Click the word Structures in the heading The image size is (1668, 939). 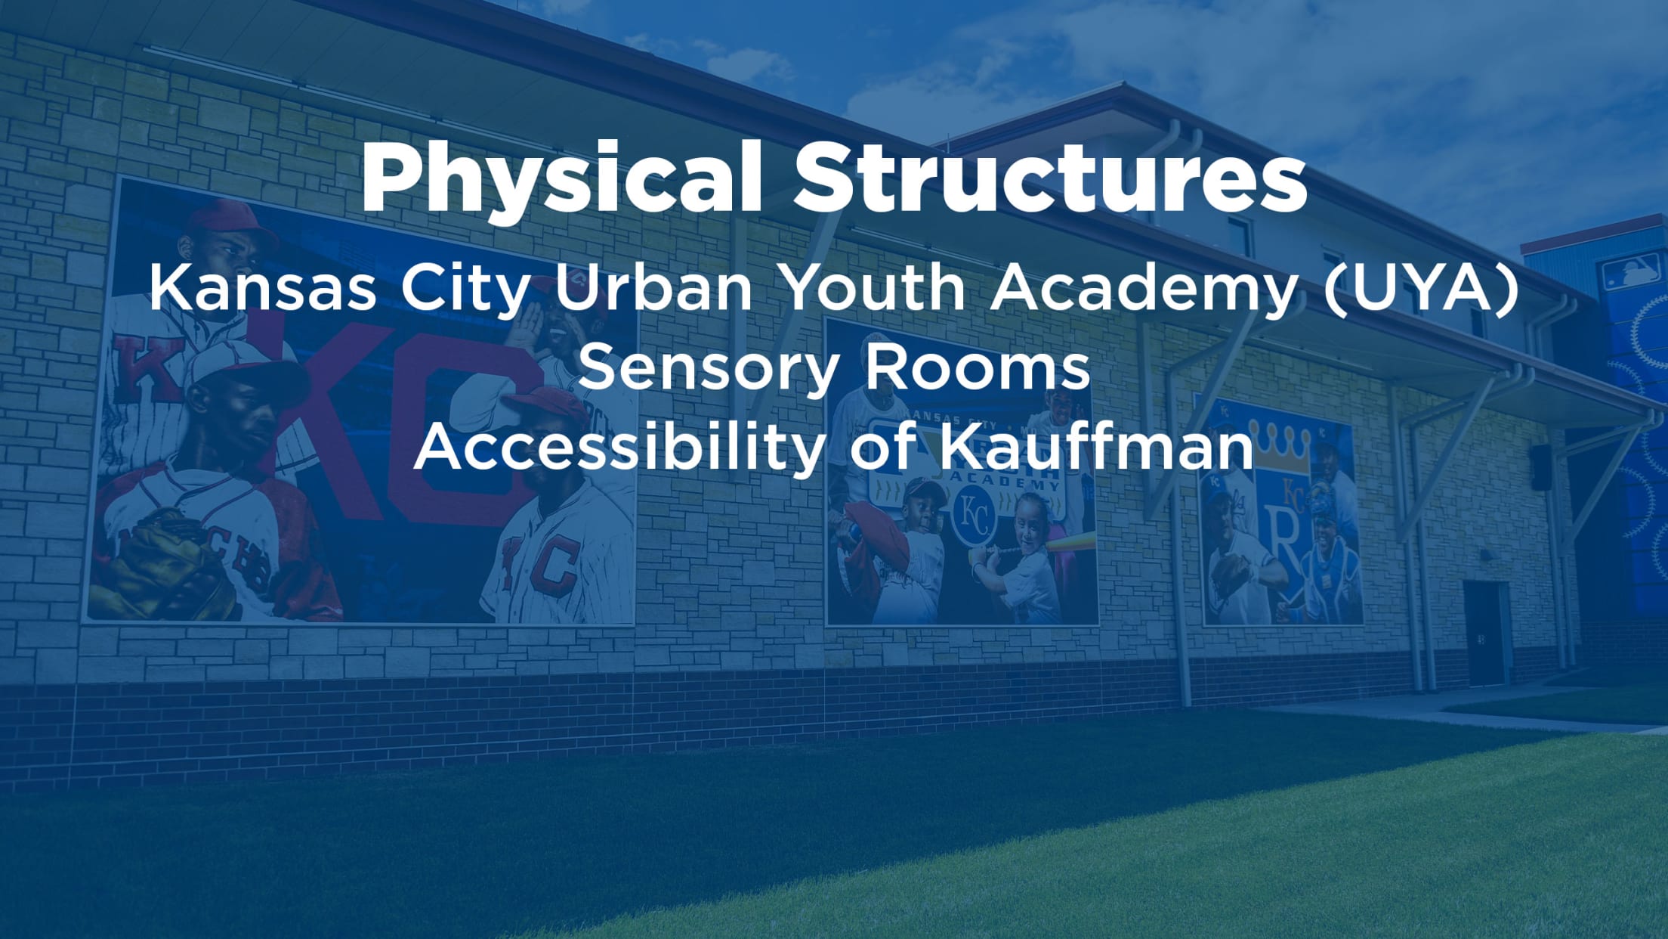coord(1049,178)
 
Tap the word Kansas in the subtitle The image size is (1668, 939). coord(262,289)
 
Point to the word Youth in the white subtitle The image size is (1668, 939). coord(875,289)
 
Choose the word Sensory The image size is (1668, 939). coord(709,369)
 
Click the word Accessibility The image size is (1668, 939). coord(619,448)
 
